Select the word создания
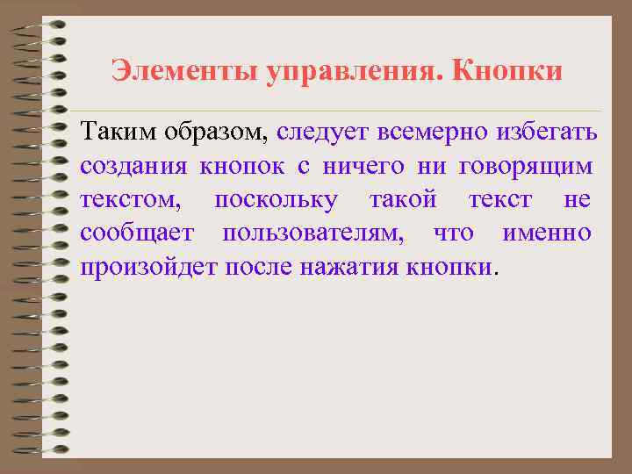point(131,166)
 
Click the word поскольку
point(275,200)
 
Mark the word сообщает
point(136,233)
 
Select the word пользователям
point(312,233)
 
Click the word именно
point(546,233)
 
